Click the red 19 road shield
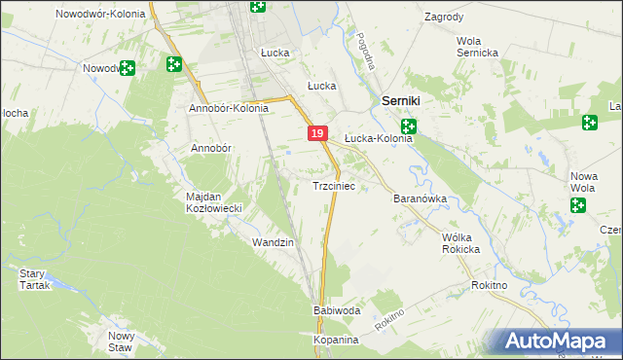[317, 134]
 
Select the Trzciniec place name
[340, 186]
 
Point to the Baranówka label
[420, 198]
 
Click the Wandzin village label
[273, 241]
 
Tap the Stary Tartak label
[33, 279]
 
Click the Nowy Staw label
[121, 341]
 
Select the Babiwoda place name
[337, 310]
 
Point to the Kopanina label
[337, 341]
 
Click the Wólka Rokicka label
[461, 243]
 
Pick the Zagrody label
[444, 18]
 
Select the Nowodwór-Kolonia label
[100, 14]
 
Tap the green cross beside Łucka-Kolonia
[409, 126]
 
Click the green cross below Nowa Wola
[578, 205]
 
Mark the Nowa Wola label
[582, 182]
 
